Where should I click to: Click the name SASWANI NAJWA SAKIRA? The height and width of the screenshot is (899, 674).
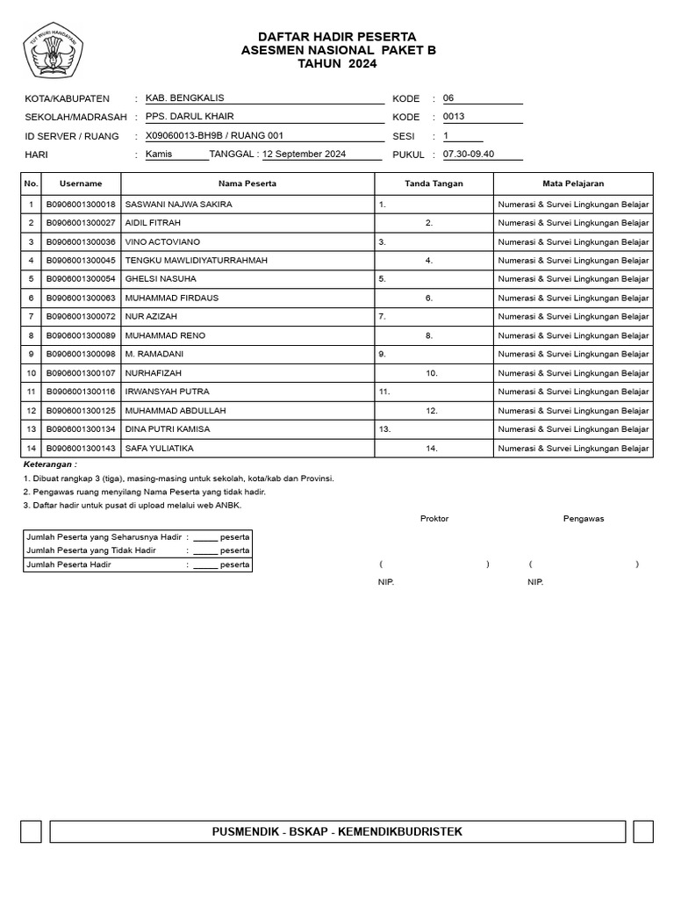179,205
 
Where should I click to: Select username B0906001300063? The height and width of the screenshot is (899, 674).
81,298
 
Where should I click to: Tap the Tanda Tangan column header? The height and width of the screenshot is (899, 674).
434,183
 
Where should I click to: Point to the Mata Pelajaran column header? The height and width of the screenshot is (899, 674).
573,183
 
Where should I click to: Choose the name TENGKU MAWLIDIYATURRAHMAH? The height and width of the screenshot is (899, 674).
197,261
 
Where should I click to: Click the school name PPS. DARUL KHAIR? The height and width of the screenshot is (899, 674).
190,117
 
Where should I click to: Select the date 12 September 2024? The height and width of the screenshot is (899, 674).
305,155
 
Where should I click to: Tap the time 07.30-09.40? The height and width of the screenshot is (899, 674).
469,155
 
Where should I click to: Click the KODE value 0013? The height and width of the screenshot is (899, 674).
454,117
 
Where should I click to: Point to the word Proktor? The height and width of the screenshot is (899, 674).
434,519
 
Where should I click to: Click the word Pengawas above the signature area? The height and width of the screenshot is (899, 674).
584,519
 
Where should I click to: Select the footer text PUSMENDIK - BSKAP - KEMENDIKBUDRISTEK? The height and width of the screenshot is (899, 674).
337,831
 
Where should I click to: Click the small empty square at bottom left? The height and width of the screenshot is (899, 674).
31,831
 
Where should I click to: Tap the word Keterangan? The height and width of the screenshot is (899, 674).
50,464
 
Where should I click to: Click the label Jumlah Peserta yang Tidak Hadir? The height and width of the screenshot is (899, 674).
91,550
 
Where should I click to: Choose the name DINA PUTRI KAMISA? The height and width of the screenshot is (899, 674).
168,429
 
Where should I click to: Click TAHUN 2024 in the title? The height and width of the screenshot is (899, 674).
338,64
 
